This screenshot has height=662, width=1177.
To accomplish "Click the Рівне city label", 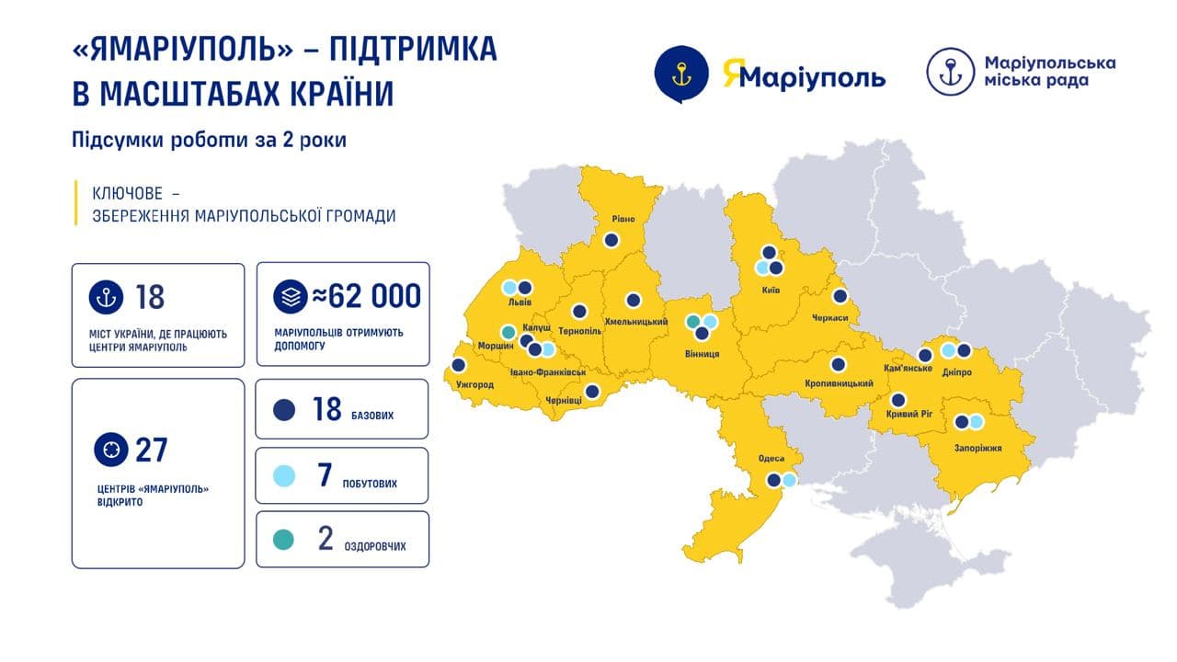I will point(611,220).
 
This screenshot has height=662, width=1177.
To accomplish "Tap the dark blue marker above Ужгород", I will point(459,365).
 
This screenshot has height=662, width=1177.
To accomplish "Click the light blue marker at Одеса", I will point(788,479).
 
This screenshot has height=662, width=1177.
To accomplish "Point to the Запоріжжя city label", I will point(977,448).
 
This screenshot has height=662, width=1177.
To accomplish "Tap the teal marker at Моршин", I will point(508,332).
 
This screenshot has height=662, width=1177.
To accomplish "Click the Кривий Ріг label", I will point(899,415).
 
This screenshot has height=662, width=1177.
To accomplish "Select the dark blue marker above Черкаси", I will point(840,296).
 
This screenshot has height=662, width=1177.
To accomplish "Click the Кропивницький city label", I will point(839,382).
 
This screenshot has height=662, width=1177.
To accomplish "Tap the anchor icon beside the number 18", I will point(106,298).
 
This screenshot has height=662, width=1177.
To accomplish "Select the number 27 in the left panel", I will point(152,451).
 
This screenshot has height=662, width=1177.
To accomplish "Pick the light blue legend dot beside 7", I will point(285,476).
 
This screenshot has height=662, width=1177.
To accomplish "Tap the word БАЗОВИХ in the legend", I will point(372,416).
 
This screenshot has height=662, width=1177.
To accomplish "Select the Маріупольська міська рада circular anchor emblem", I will point(950,72).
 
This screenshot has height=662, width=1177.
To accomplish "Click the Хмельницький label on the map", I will point(629,322).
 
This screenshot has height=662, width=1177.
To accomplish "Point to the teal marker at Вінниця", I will point(694,322).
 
